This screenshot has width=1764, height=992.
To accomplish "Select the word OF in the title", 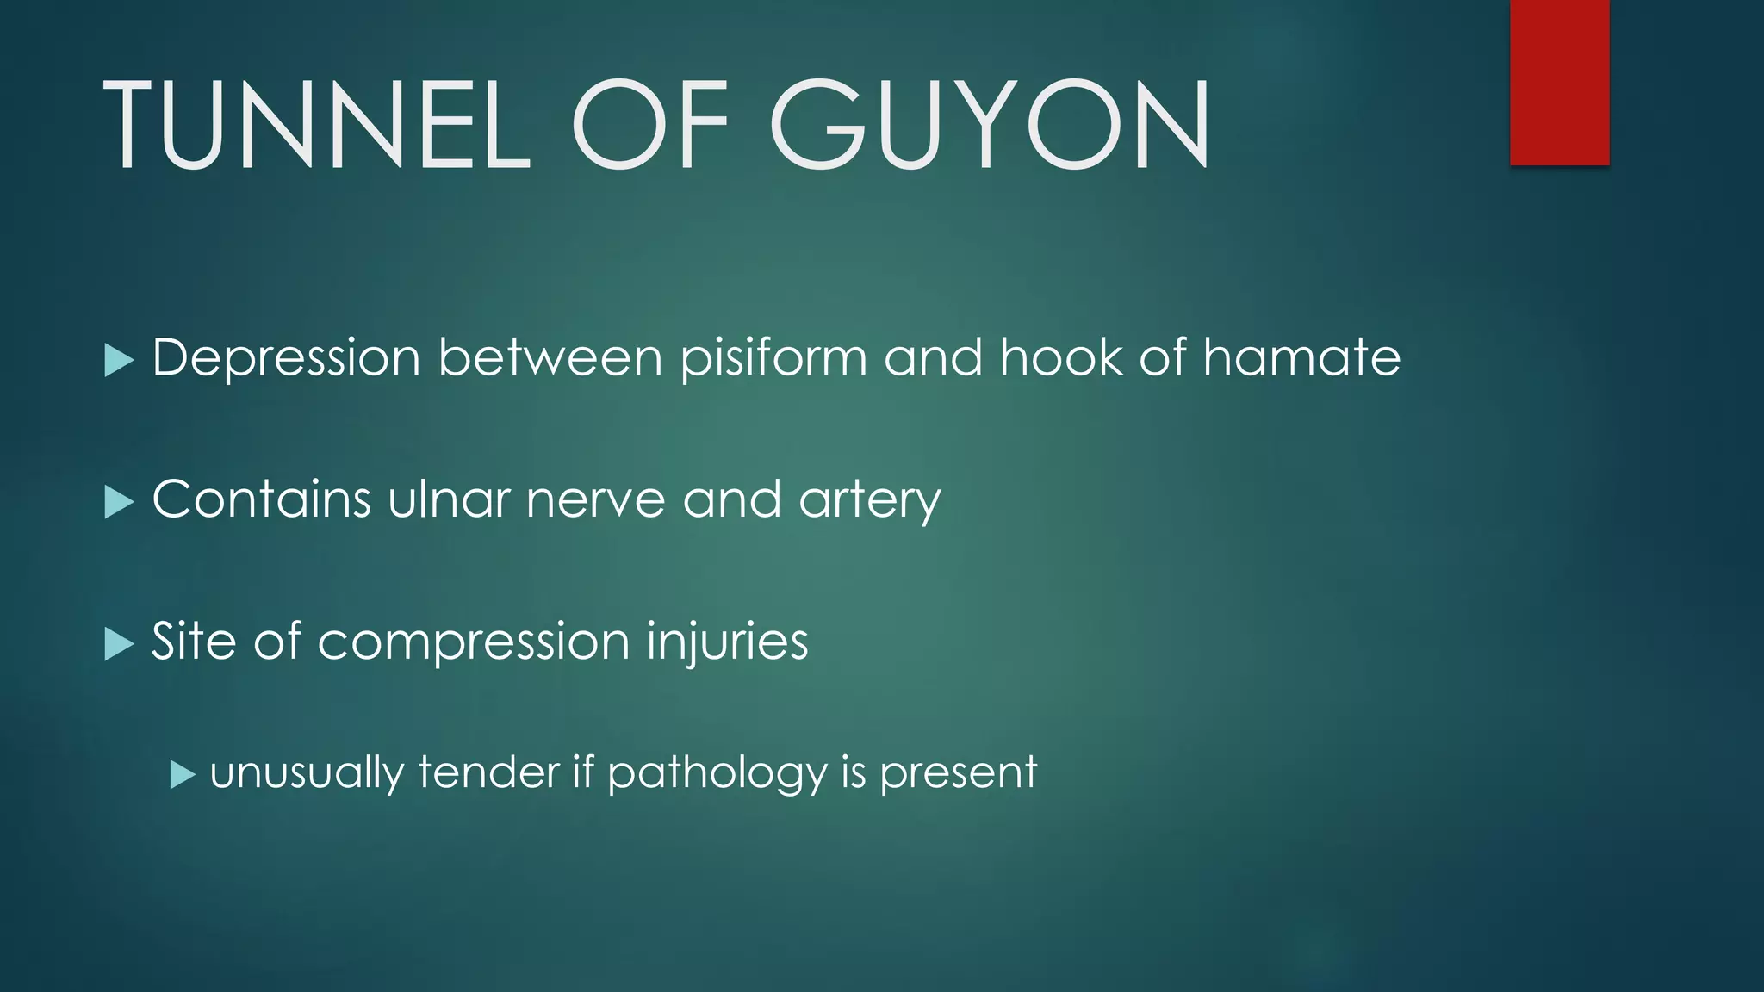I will pos(650,125).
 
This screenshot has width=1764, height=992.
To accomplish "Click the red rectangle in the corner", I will pos(1559,82).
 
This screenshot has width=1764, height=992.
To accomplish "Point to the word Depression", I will pos(286,357).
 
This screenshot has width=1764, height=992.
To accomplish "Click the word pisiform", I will pos(773,359).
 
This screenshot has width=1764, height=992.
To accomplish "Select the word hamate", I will pos(1301,357).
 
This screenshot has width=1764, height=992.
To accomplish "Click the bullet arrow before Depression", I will pos(119,360).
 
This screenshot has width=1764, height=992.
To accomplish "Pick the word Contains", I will pos(261,499).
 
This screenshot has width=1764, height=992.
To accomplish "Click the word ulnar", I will pos(449,499).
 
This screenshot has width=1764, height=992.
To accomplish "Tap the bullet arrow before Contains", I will pos(119,502).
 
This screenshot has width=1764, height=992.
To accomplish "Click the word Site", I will pos(193,642).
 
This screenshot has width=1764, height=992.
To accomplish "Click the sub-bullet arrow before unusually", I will pos(183,775).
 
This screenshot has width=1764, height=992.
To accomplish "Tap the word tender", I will pos(488,772).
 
